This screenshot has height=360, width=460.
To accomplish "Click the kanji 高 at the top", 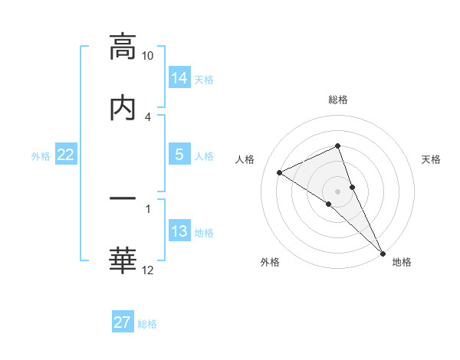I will (123, 47).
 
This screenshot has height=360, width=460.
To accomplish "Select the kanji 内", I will (123, 107).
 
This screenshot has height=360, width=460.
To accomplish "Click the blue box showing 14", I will (179, 78).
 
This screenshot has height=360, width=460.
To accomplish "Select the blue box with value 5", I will (179, 155).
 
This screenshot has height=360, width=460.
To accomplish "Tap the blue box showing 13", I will (179, 231).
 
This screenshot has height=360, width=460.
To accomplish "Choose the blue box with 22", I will (66, 155).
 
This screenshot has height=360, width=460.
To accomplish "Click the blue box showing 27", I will (123, 322).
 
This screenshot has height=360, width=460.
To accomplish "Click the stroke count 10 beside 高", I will (148, 56).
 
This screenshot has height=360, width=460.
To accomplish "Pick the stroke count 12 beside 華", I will (148, 269).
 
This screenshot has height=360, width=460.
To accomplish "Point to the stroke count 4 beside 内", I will (148, 116).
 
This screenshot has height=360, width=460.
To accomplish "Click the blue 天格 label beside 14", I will (204, 80).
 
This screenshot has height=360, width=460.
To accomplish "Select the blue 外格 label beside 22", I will (41, 156).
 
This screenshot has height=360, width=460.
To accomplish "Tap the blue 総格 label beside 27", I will (147, 324).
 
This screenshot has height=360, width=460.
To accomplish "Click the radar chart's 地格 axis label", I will (402, 262).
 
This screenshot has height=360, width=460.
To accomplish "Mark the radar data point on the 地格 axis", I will (382, 252).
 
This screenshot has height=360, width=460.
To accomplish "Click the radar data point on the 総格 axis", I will (337, 146).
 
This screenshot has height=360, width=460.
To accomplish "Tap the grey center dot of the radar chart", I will (337, 191).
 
